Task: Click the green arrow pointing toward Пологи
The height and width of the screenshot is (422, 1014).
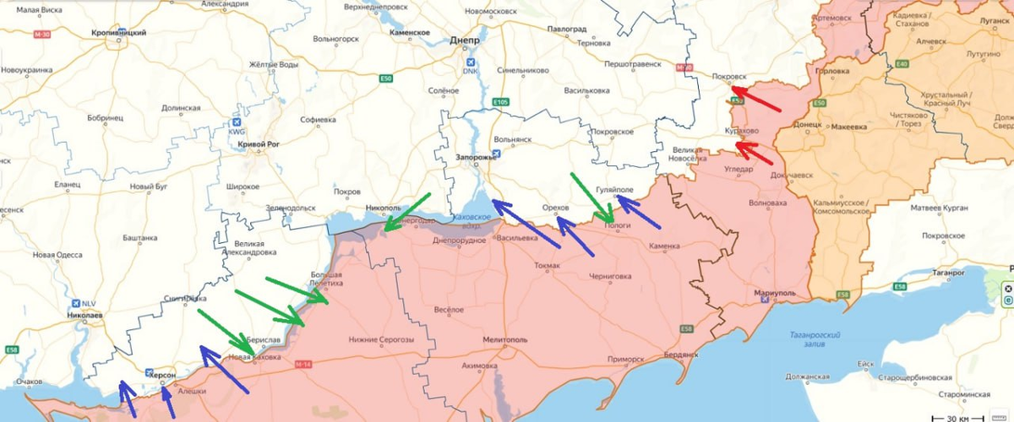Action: [x=591, y=198]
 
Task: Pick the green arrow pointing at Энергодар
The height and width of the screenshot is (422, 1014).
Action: [x=406, y=212]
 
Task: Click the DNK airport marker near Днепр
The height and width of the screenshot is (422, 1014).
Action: [x=471, y=63]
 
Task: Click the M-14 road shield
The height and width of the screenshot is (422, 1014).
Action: [x=303, y=364]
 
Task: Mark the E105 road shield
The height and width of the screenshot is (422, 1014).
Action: [x=500, y=102]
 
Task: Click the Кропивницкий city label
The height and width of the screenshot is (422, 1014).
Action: [x=118, y=32]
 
